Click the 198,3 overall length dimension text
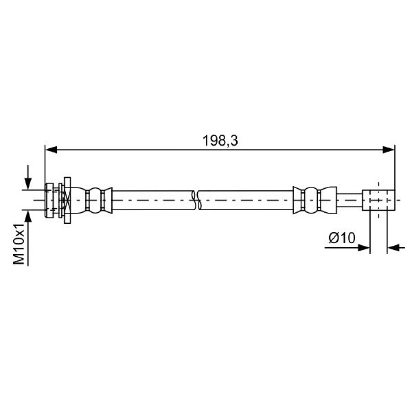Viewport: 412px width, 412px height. [221, 141]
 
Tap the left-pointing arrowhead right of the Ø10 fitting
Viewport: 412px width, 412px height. [393, 248]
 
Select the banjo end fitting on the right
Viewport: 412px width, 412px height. [379, 200]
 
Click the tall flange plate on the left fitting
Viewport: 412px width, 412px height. [68, 201]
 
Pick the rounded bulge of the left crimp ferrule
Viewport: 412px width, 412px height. [95, 201]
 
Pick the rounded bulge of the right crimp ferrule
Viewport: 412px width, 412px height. [311, 201]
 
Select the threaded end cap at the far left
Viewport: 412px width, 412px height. [49, 201]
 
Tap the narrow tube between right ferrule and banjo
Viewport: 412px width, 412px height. [350, 201]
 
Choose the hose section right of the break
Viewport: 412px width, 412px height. [247, 201]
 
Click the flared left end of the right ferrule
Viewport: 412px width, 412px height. [297, 201]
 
